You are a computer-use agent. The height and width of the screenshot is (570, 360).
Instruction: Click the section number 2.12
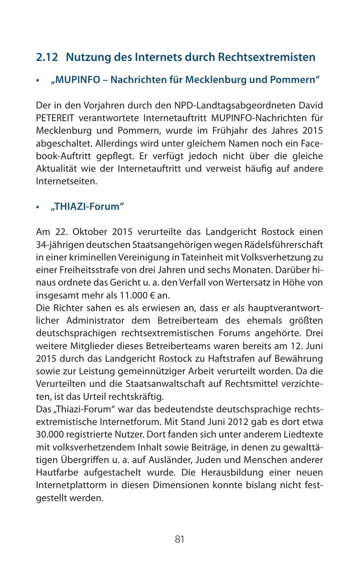[x=47, y=57]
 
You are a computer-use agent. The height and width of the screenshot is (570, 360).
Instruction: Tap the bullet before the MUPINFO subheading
[x=38, y=80]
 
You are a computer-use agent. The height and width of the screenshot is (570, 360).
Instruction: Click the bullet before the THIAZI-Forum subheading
[x=38, y=207]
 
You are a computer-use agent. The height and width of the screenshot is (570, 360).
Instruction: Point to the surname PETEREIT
[x=55, y=118]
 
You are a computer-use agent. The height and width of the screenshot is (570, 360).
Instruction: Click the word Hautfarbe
[x=55, y=473]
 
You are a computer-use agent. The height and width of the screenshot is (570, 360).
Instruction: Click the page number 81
[x=180, y=540]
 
